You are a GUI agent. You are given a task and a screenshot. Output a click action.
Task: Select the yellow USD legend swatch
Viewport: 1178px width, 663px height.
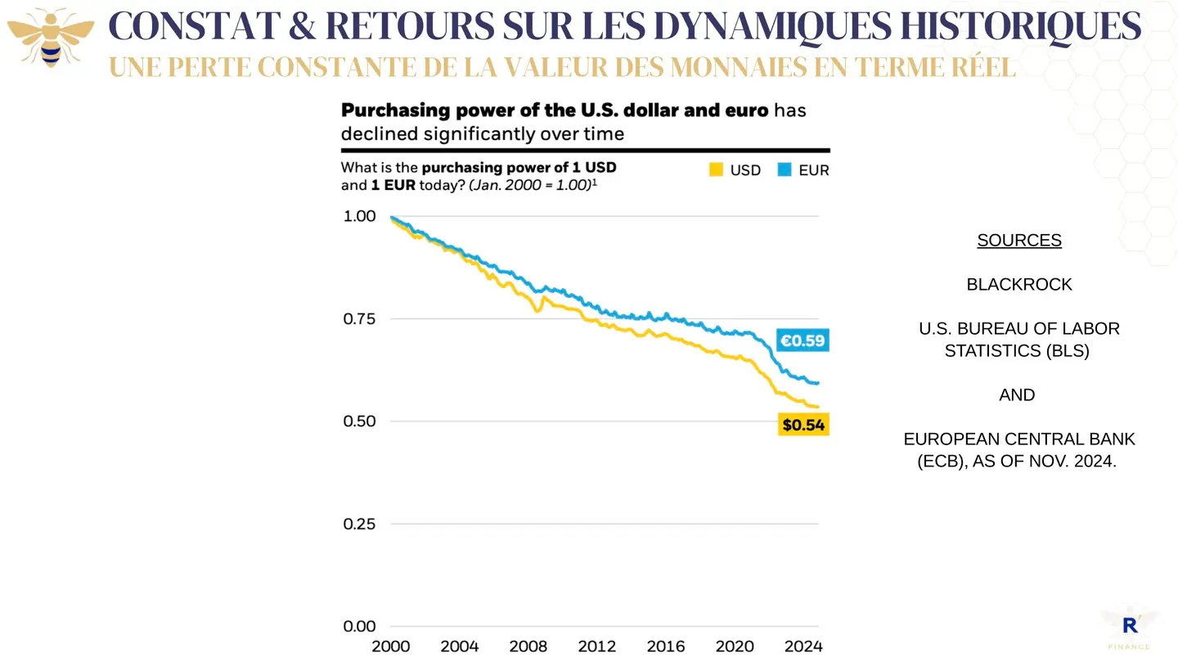(x=716, y=170)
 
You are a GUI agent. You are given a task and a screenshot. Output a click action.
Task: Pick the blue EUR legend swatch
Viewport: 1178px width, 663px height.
(x=785, y=170)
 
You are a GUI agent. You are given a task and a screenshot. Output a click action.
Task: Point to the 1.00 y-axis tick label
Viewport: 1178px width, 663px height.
(x=359, y=216)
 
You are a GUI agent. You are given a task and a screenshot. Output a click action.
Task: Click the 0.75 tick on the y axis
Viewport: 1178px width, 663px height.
(x=359, y=318)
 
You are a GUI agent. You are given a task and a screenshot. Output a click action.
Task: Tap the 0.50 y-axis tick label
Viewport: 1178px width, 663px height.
(x=359, y=421)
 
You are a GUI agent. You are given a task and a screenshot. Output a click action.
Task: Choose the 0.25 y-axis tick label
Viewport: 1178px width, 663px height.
(x=359, y=524)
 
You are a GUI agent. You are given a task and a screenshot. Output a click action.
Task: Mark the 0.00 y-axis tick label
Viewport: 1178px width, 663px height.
(x=359, y=626)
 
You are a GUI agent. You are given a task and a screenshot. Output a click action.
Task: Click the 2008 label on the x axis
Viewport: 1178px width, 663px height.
(x=528, y=647)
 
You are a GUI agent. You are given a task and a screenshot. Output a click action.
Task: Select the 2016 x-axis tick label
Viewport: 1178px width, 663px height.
(x=666, y=647)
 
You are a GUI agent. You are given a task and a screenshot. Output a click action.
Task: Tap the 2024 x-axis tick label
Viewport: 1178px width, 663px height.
(x=803, y=647)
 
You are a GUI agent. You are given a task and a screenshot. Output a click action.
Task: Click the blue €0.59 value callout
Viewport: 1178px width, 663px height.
(x=803, y=340)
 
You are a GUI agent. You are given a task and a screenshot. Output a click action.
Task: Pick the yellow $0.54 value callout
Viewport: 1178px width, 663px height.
(x=803, y=424)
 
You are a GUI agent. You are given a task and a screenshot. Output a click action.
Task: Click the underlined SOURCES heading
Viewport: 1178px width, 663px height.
(x=1019, y=241)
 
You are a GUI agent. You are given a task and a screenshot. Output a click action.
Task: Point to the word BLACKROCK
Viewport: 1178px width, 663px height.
(x=1019, y=285)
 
